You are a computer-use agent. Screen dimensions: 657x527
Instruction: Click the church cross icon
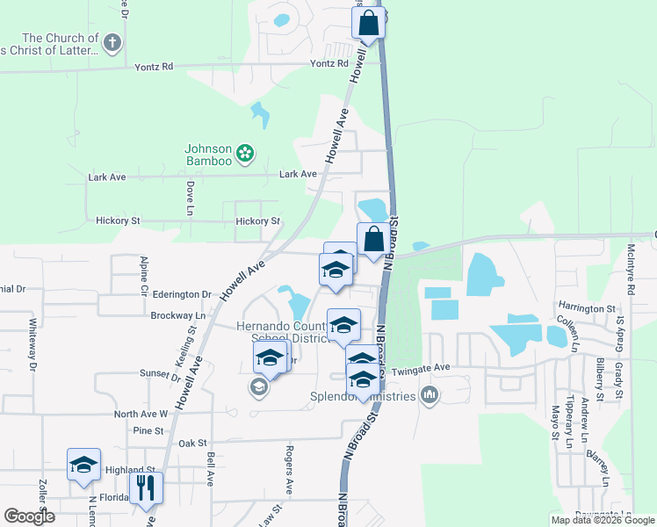[112, 42]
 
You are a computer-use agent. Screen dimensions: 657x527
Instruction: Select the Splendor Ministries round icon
[429, 394]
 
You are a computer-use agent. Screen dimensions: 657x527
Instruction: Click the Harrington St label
[587, 309]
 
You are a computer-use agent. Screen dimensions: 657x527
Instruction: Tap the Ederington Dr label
[181, 295]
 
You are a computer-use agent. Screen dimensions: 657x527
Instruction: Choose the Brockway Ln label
[177, 314]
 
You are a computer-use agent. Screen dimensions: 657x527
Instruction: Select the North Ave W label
[141, 413]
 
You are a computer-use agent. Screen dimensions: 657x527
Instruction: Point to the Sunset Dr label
[159, 373]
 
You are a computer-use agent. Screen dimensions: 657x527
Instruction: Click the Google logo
[29, 516]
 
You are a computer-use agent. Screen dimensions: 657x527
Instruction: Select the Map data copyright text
[603, 520]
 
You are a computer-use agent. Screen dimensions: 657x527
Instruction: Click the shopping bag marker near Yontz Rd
[369, 23]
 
